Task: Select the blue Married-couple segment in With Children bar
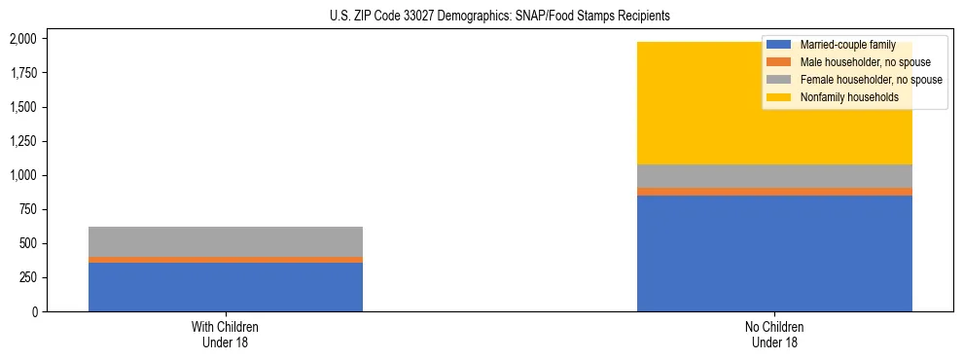click(226, 287)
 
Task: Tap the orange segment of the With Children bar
click(226, 260)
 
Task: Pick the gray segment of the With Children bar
click(226, 241)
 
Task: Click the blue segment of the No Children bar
click(774, 253)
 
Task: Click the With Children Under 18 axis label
click(226, 335)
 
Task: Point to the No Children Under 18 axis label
click(774, 335)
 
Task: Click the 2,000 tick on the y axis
click(21, 39)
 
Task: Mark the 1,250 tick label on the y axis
click(21, 141)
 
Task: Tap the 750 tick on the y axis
click(27, 209)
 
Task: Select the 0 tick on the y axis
click(35, 311)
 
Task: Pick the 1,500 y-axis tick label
click(21, 107)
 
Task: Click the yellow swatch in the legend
click(779, 97)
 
